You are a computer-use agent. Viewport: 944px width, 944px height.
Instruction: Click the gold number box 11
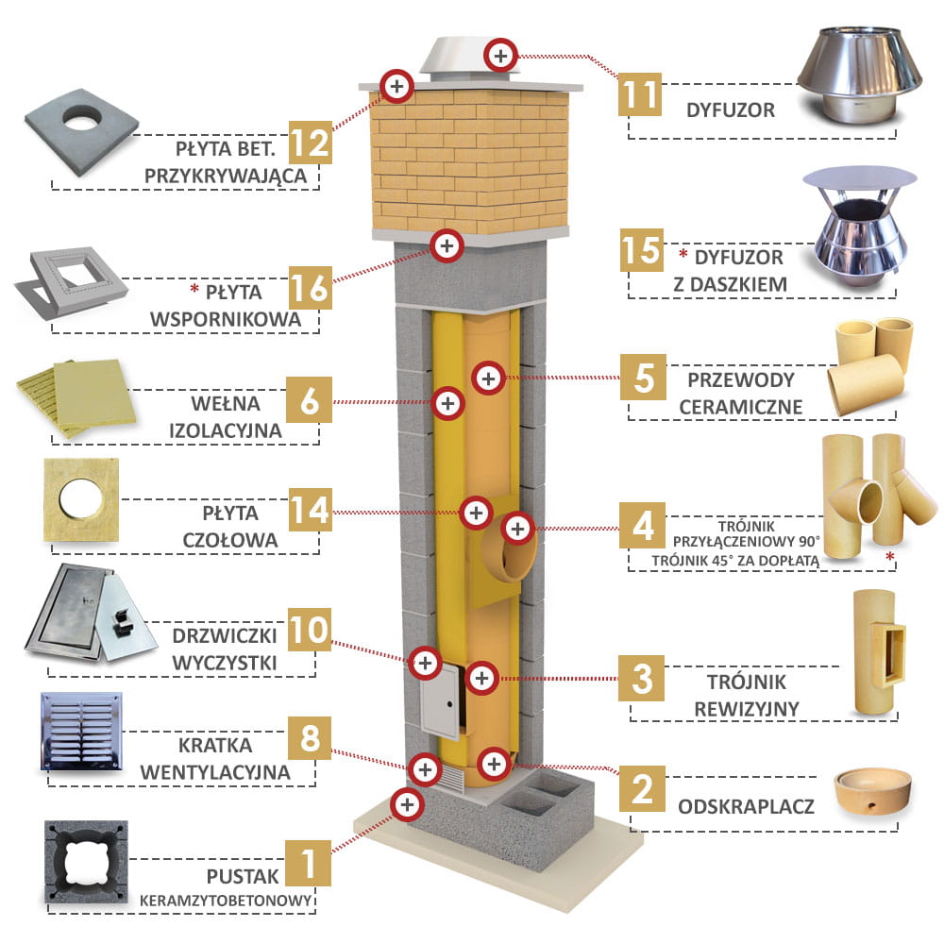640,94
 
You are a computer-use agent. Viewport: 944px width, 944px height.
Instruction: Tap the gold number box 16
310,288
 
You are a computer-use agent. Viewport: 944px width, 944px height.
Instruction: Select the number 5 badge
643,377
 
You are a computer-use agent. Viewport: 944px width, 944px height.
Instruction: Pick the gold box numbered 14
310,510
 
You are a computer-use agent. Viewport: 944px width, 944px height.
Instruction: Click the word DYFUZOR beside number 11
731,110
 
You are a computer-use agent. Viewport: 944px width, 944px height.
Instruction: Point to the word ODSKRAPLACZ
746,806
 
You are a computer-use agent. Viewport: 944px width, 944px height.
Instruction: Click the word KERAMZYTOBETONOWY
226,901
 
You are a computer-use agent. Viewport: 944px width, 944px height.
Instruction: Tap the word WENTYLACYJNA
215,772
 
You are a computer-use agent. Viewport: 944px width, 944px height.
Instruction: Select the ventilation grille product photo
81,732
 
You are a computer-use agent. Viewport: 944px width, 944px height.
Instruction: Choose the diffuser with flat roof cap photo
860,228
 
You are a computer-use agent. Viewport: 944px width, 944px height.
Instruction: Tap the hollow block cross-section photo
86,862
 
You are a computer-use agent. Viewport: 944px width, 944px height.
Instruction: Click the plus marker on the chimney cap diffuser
500,56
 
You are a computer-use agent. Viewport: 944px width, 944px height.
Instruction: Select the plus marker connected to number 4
517,529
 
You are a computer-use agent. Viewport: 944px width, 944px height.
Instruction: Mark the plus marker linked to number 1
407,804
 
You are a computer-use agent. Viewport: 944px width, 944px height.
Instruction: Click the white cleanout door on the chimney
440,700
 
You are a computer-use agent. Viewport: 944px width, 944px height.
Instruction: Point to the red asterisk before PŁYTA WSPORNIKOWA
194,290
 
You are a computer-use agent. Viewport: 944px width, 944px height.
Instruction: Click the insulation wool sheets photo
76,397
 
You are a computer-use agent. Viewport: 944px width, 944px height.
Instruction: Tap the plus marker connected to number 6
447,403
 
